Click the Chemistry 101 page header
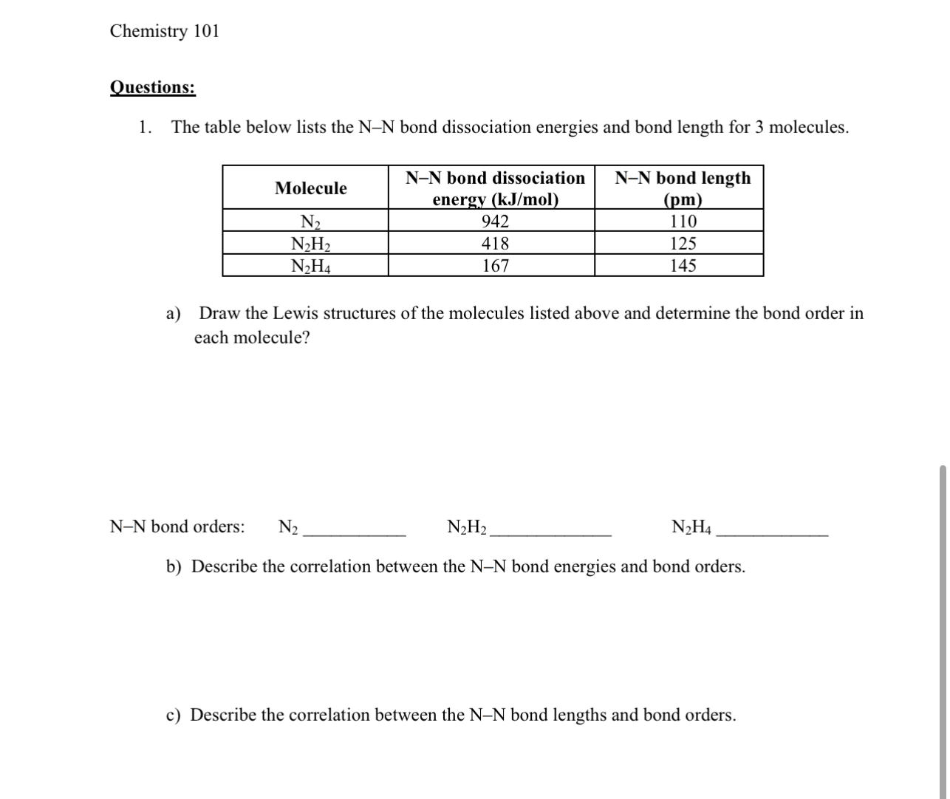(x=164, y=31)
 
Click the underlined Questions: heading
(x=152, y=87)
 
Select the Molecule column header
(x=310, y=188)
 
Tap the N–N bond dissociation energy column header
(x=495, y=188)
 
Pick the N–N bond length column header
(x=682, y=188)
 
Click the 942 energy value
(x=495, y=222)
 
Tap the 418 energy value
(x=495, y=244)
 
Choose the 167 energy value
(x=495, y=266)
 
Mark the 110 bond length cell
(x=683, y=222)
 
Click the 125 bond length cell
(x=683, y=244)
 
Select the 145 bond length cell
(x=683, y=266)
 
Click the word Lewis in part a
(x=293, y=313)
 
